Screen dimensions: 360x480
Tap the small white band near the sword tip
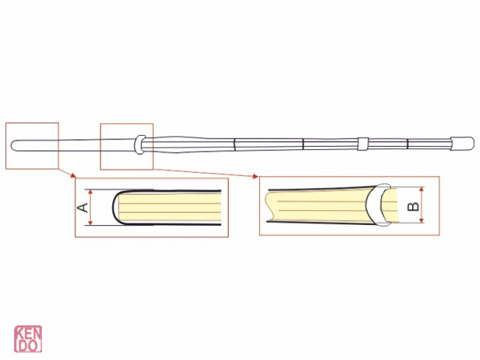coord(362,143)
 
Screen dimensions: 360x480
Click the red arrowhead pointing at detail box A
coord(71,175)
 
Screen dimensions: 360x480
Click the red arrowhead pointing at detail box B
coord(255,176)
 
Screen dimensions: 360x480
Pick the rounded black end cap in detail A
coord(115,207)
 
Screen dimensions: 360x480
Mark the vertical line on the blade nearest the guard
coord(234,143)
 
